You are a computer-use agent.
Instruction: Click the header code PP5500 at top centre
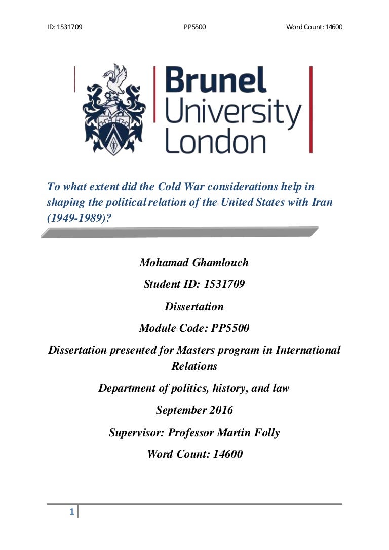[x=194, y=27]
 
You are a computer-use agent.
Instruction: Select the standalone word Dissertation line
[x=194, y=306]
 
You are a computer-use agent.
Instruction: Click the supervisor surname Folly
[x=266, y=433]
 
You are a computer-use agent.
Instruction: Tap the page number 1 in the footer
[x=72, y=513]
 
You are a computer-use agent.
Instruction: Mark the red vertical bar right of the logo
[x=310, y=109]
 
